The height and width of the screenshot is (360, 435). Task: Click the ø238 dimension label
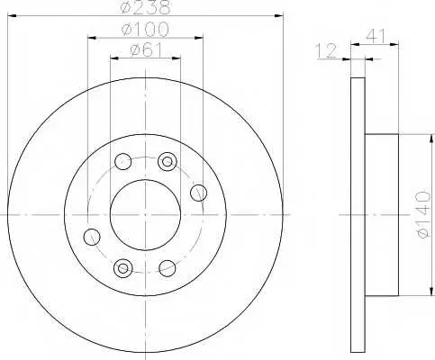point(145,7)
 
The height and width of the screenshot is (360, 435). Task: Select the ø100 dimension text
point(145,30)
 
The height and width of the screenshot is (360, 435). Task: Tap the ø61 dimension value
point(146,49)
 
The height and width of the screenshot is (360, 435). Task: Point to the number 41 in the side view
point(376,36)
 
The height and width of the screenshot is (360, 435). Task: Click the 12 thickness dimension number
point(327,50)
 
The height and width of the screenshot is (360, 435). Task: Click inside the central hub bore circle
point(145,215)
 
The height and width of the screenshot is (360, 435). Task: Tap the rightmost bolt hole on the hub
point(199,193)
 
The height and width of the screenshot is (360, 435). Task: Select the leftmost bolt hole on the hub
point(92,237)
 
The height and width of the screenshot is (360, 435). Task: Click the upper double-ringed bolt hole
point(168,162)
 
